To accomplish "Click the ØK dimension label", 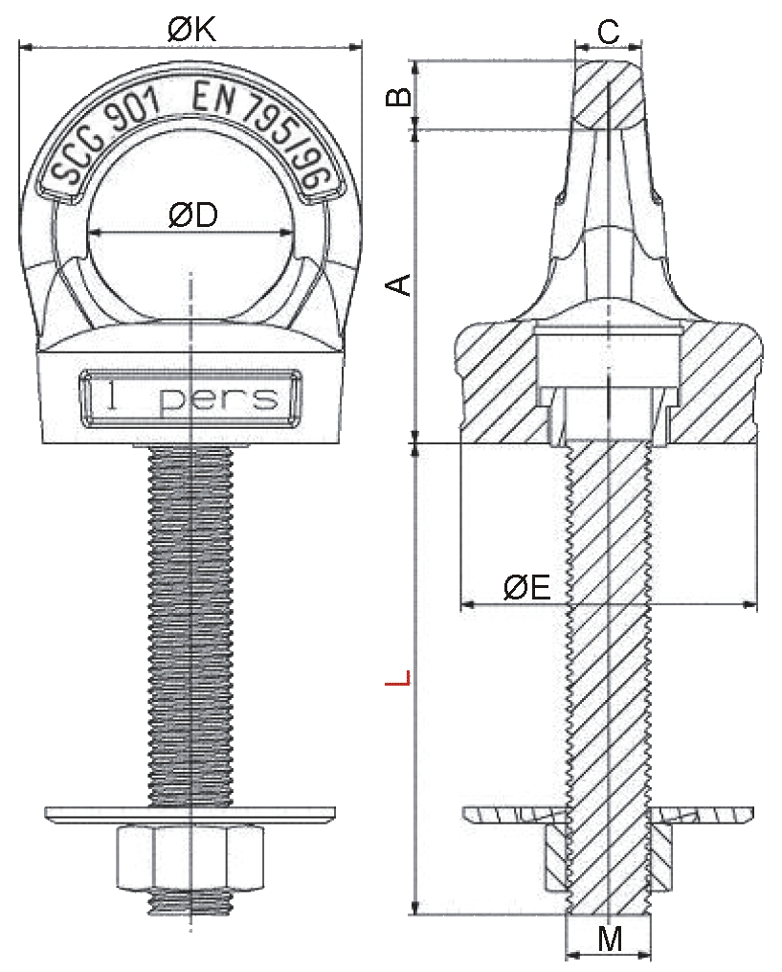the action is coord(192,30).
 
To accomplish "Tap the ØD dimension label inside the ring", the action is coord(192,215).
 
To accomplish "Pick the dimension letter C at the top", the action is coord(609,32).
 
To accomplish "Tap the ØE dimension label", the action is coord(526,586).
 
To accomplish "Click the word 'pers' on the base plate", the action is coord(218,400).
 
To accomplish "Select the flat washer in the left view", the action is coord(190,815).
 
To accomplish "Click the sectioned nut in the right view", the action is coord(609,859).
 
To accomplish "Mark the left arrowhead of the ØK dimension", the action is coord(26,46).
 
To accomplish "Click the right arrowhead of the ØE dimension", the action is coord(749,603).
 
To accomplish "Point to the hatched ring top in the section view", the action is coord(608,94).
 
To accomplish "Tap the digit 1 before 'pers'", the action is coord(112,396).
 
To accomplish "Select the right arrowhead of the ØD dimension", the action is coord(286,233).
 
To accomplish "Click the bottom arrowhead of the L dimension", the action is coord(415,907).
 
